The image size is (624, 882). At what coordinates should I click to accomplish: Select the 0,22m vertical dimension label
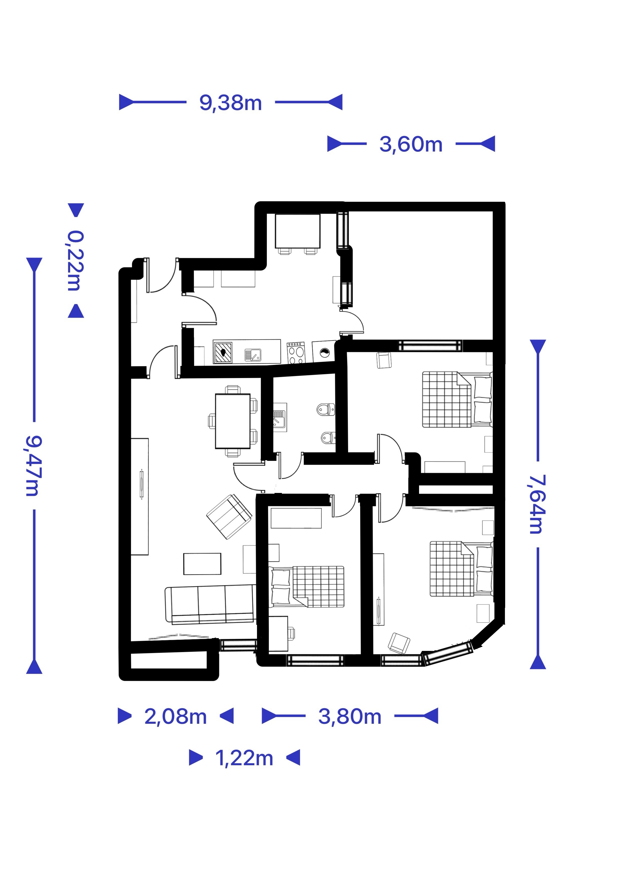click(x=75, y=260)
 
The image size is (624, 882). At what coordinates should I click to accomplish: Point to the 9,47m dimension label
click(x=34, y=466)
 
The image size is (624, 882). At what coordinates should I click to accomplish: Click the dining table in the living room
click(x=233, y=421)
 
